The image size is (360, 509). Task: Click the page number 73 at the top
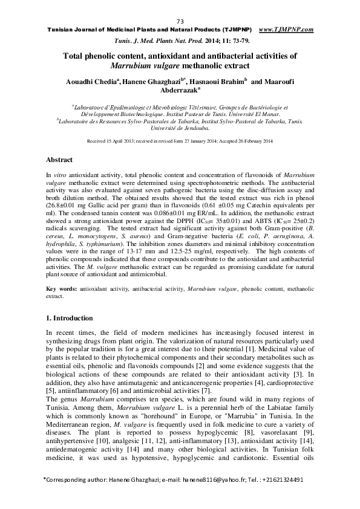[180, 22]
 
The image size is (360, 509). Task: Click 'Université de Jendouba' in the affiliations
[180, 128]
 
